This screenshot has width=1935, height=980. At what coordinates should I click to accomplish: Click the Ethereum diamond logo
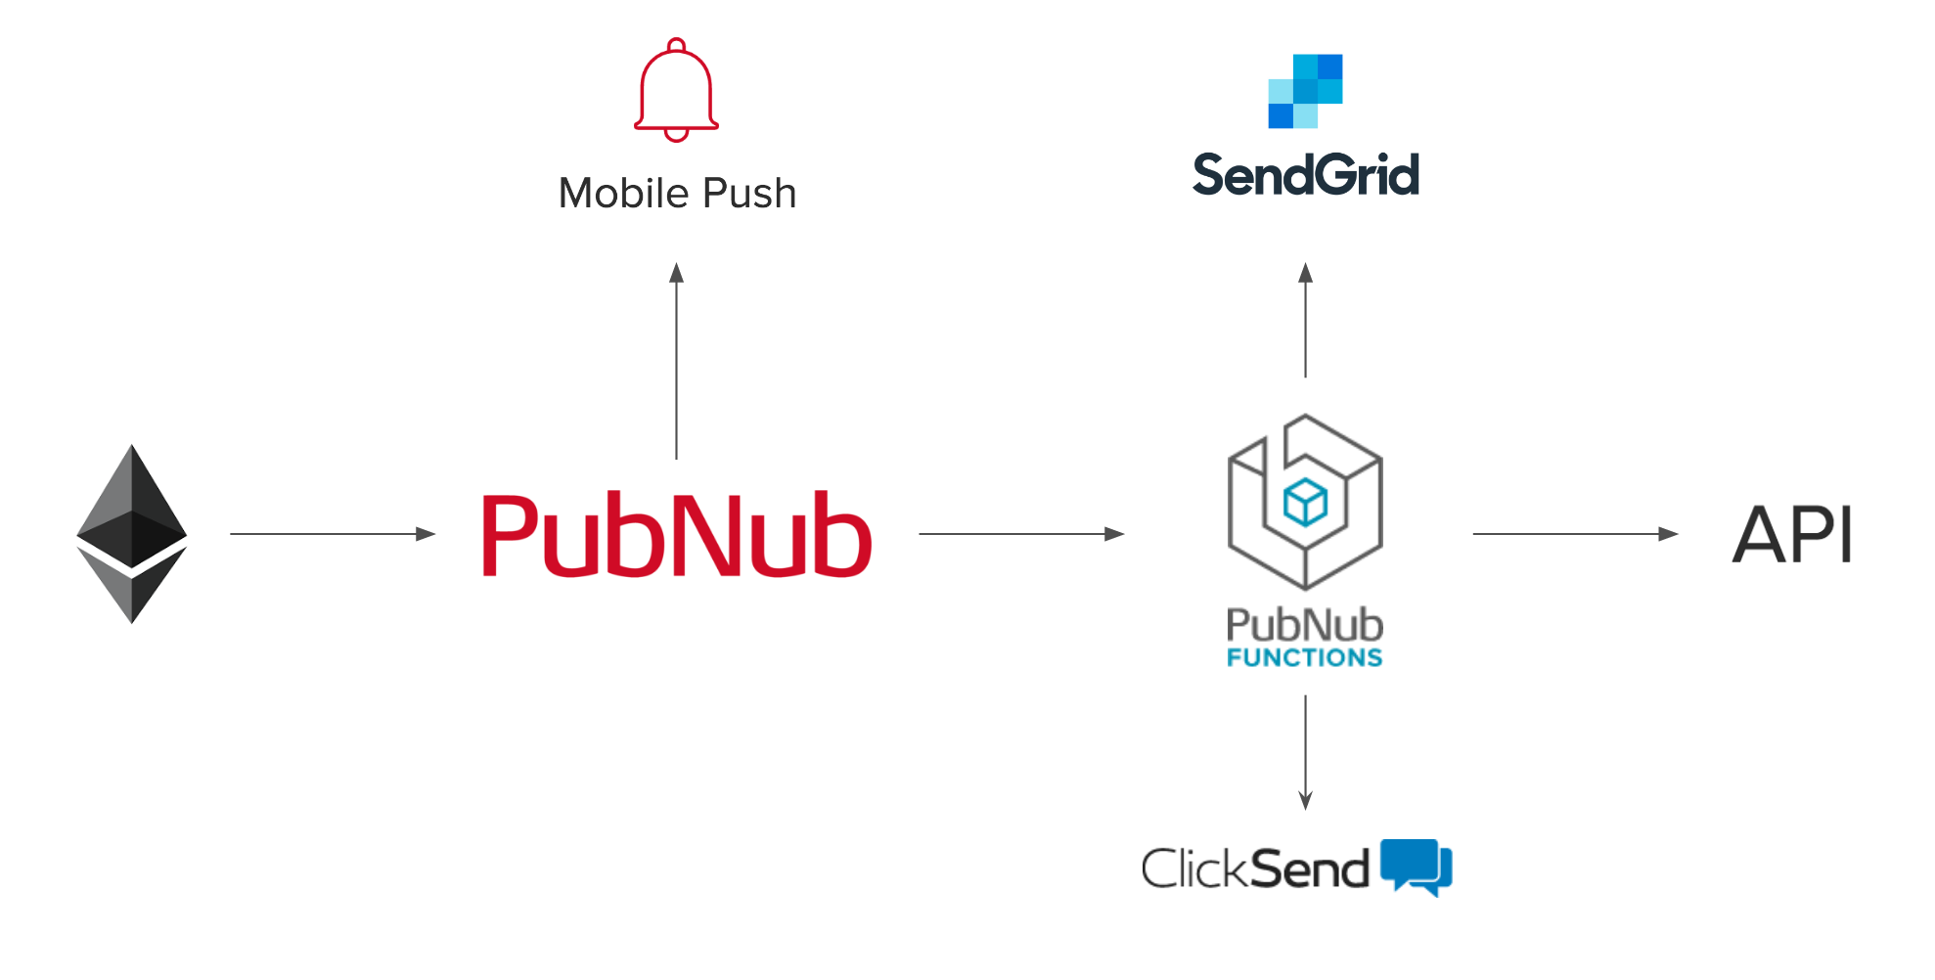point(132,534)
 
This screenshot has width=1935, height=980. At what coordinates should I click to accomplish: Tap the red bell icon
point(676,90)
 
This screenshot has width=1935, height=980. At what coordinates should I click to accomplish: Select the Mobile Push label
point(677,194)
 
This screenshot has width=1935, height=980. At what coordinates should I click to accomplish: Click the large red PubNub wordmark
point(676,535)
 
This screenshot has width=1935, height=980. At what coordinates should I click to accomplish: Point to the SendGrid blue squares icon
point(1305,91)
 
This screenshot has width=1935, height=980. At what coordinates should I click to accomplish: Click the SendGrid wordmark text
point(1305,176)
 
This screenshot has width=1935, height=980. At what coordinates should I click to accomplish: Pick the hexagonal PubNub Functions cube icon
point(1305,501)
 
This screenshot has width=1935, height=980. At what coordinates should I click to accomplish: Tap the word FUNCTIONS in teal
point(1305,658)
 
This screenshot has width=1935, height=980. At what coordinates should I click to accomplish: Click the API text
point(1792,535)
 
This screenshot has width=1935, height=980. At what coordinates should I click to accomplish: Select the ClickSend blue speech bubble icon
point(1416,866)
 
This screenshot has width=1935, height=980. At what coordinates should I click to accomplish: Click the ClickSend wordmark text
point(1255,869)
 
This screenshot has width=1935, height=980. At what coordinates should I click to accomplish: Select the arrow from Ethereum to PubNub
point(333,534)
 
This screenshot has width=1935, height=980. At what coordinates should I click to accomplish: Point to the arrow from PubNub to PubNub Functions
point(1021,534)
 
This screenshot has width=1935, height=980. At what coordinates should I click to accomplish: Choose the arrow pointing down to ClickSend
point(1305,752)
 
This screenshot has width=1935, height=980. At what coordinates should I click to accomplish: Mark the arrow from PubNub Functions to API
point(1575,534)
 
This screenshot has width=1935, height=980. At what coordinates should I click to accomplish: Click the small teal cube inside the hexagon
point(1305,503)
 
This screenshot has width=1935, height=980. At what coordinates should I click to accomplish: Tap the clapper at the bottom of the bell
point(676,135)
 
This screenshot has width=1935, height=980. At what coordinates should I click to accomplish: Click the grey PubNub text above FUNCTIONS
point(1305,625)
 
